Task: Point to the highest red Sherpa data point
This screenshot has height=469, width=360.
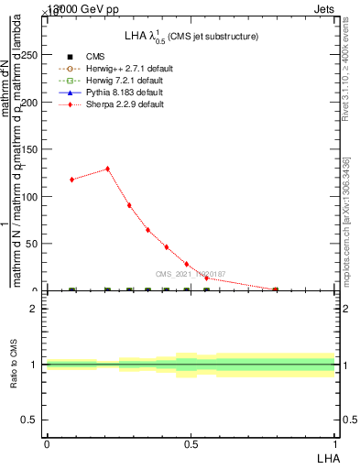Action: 107,169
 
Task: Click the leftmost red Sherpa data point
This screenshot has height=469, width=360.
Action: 71,180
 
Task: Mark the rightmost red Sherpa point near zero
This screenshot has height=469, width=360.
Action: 275,289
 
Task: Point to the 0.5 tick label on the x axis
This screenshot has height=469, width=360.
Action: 191,444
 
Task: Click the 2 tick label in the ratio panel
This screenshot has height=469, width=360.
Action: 33,309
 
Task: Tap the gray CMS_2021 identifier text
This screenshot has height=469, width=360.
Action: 191,274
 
